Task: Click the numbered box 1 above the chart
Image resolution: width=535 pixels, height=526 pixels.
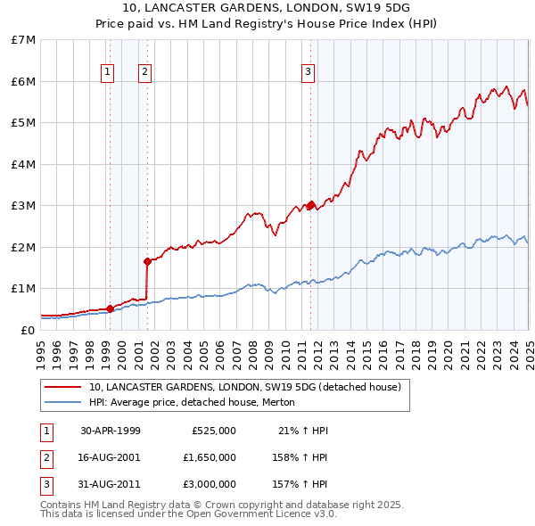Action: (107, 72)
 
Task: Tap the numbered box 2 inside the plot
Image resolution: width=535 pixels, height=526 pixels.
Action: (144, 72)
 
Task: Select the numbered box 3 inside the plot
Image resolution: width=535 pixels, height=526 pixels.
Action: (308, 72)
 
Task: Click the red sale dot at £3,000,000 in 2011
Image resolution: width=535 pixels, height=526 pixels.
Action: (311, 205)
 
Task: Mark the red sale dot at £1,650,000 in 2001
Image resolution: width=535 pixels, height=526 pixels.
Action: (147, 261)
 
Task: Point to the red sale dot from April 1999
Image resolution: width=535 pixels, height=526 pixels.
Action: (110, 308)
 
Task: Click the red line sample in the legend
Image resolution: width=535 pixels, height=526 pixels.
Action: (62, 387)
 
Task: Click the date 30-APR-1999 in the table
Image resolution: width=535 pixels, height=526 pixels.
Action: (111, 431)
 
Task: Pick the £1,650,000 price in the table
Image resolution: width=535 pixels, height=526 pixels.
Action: (210, 458)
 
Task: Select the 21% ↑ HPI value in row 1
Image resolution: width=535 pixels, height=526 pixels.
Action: (303, 431)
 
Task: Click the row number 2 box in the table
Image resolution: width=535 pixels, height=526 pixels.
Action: (45, 458)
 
